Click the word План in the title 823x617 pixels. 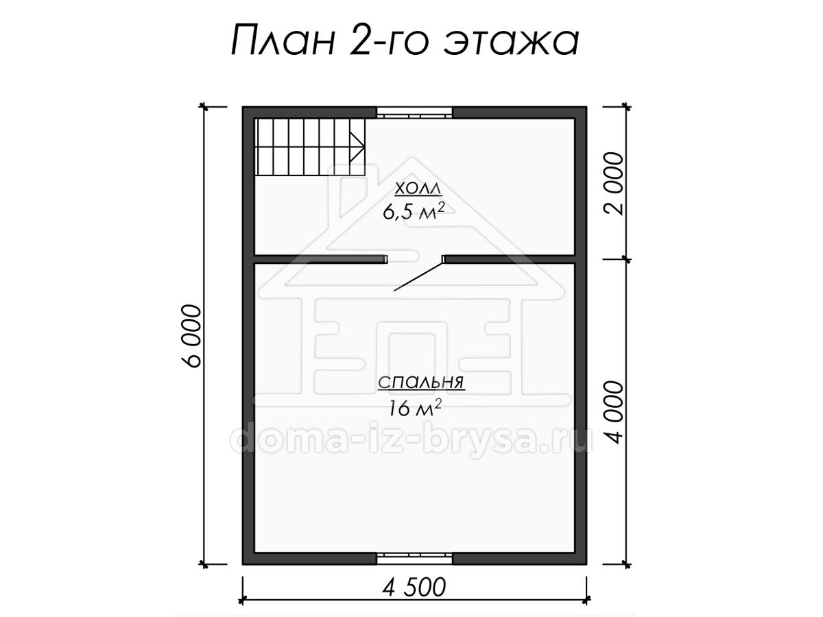click(283, 40)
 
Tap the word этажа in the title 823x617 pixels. click(512, 42)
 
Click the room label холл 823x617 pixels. click(418, 190)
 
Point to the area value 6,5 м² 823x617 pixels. click(414, 211)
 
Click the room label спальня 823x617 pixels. click(421, 383)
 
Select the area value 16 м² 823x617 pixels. click(415, 408)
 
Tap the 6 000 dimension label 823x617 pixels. click(191, 336)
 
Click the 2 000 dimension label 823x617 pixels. click(614, 183)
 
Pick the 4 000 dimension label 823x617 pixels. click(614, 412)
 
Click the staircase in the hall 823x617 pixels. click(310, 147)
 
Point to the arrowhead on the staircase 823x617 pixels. click(357, 147)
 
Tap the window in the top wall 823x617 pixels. click(414, 112)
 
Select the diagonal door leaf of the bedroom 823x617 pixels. click(418, 276)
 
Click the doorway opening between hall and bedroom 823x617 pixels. click(415, 259)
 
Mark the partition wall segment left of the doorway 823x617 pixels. click(321, 259)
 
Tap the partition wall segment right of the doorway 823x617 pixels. click(509, 259)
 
